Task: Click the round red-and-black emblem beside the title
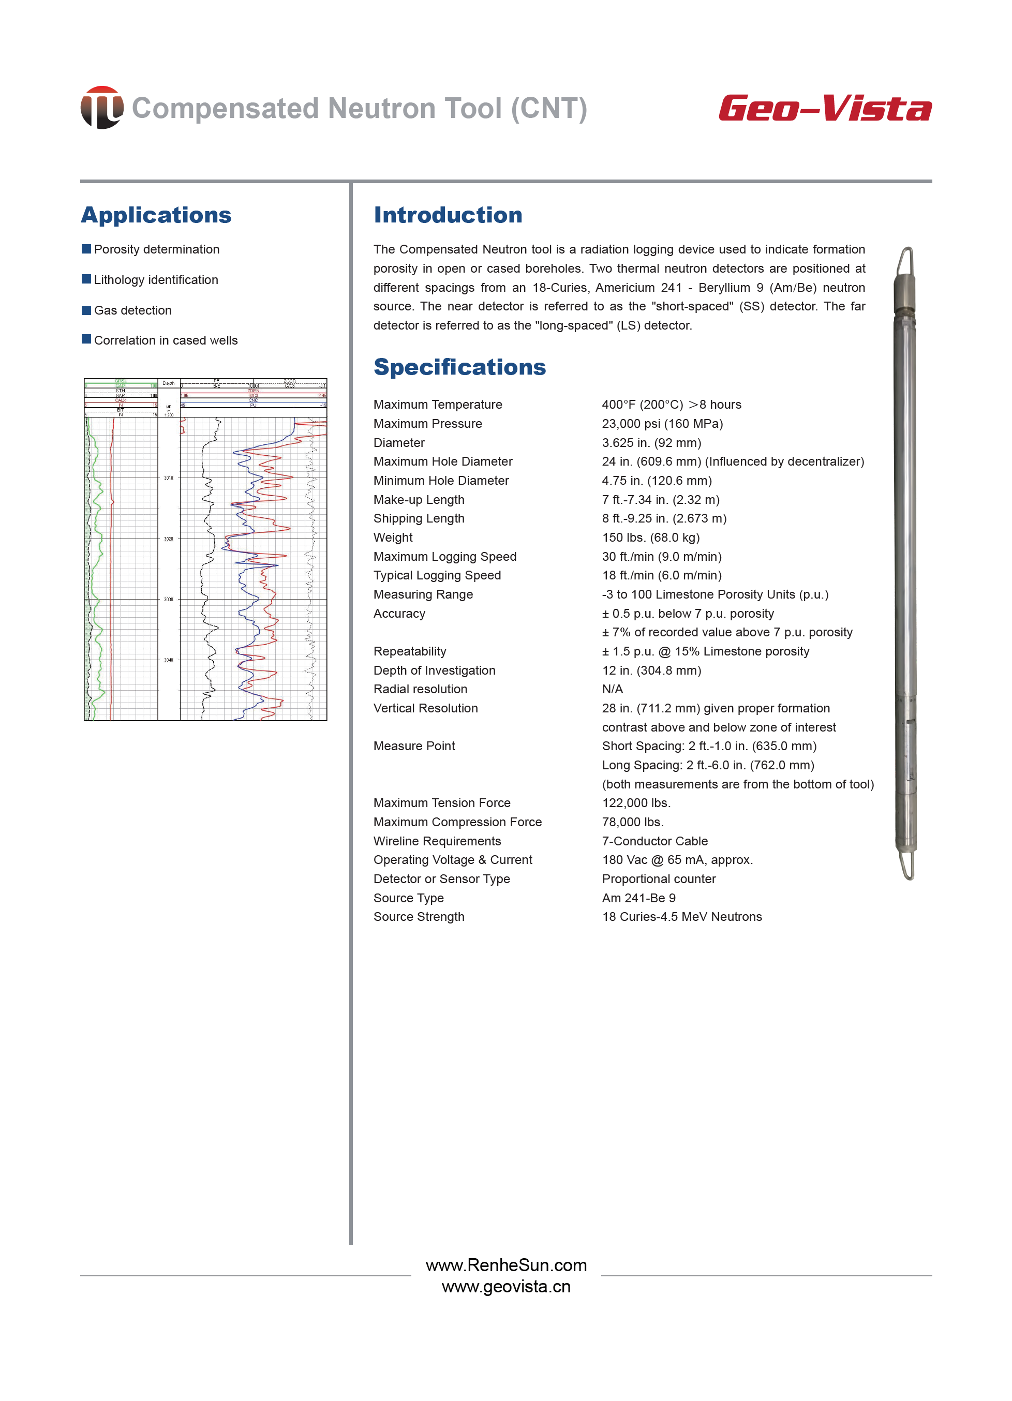point(102,108)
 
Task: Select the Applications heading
point(156,215)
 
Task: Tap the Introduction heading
point(448,215)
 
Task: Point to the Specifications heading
point(459,367)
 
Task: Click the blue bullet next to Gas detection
point(86,310)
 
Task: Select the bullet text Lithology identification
point(156,280)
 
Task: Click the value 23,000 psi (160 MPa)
point(662,424)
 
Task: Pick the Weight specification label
point(393,538)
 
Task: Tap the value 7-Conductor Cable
point(655,841)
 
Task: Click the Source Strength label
point(419,917)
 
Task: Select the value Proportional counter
point(659,879)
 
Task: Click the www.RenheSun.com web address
point(506,1265)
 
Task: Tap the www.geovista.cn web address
point(506,1287)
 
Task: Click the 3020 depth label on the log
point(169,539)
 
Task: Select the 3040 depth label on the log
point(169,660)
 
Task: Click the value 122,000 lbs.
point(636,803)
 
